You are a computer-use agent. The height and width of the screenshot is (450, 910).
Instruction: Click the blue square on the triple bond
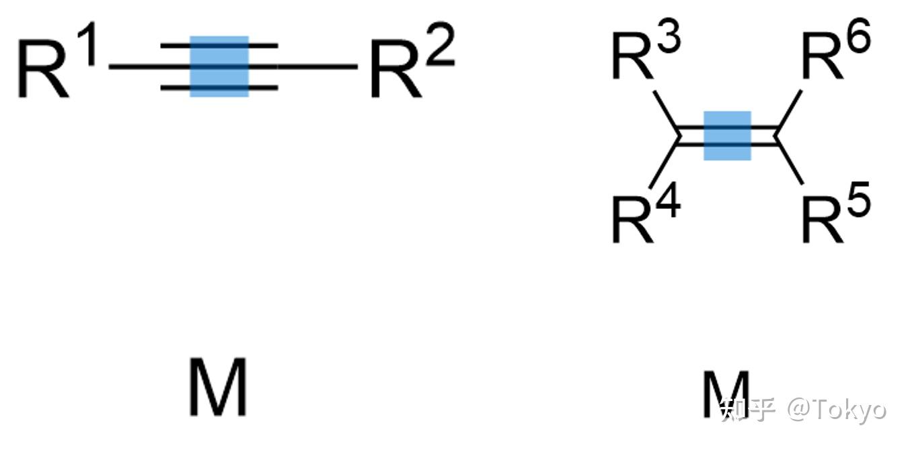(219, 66)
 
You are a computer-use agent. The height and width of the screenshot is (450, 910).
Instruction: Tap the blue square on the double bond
(727, 136)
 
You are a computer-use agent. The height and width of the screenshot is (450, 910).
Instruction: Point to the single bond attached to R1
(135, 66)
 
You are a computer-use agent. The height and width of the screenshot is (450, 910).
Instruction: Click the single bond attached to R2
(316, 66)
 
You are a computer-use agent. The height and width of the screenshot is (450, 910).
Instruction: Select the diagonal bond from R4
(665, 163)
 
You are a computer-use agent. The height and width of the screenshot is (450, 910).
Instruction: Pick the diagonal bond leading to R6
(790, 109)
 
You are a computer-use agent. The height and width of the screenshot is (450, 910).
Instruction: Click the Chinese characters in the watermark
(747, 409)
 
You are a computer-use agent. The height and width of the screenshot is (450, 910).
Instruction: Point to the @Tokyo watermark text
(838, 409)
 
